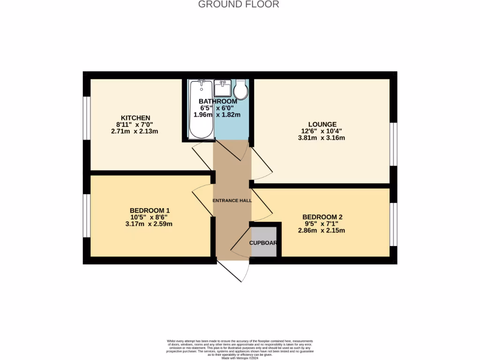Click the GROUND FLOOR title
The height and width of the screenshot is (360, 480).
click(239, 5)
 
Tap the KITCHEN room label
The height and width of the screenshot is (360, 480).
click(135, 118)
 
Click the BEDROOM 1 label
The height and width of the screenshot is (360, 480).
click(150, 210)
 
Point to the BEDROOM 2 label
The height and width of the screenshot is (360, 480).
click(322, 217)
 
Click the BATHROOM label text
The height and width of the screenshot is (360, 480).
click(217, 102)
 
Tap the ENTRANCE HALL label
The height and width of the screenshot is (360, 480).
click(232, 201)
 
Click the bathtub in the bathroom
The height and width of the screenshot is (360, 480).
click(202, 110)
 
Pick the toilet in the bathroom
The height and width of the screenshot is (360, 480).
click(241, 90)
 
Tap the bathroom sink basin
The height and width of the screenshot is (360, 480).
click(222, 88)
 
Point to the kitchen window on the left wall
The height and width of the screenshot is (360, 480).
click(87, 118)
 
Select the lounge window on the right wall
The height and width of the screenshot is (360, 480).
click(393, 144)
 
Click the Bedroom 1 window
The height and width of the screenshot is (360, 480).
click(87, 216)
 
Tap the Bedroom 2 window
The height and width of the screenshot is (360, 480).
click(393, 224)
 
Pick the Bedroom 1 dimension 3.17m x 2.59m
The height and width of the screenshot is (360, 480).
click(149, 224)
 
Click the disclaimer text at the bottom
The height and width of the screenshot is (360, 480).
click(240, 349)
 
